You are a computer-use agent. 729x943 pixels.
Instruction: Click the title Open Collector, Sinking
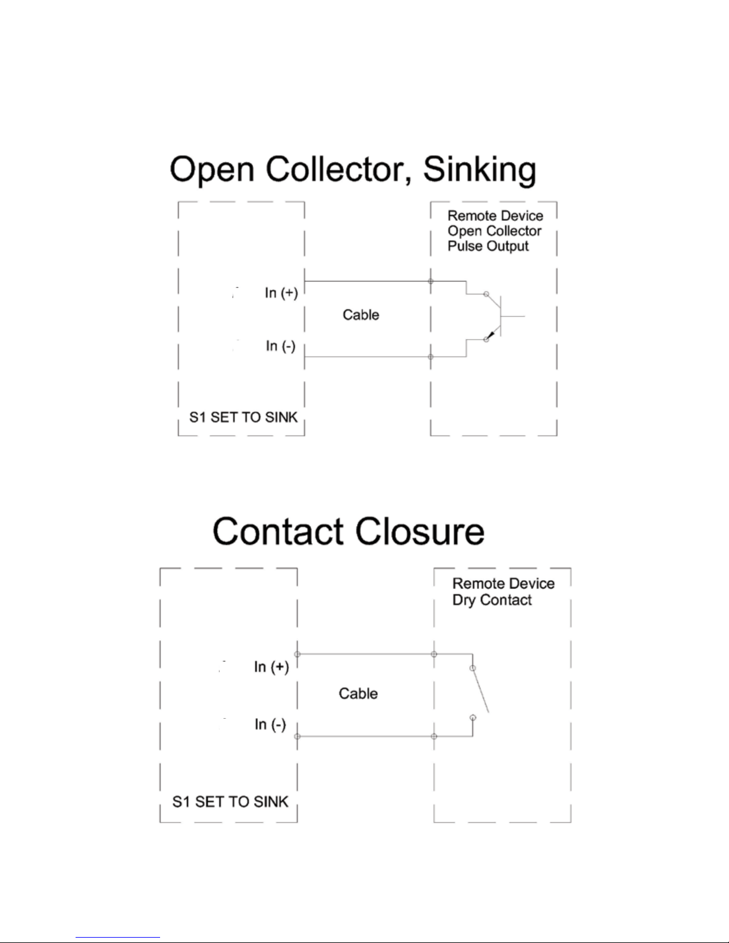[353, 170]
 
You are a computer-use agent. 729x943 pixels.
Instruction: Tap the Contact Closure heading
[349, 531]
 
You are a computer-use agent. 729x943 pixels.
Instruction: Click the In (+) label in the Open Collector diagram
[281, 293]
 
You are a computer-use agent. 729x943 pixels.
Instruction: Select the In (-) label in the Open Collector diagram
[281, 346]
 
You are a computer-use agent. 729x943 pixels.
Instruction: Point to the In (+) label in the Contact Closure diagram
[271, 666]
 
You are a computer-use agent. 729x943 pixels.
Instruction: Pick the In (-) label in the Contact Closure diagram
[270, 724]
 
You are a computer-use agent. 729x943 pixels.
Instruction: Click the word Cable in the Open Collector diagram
[361, 315]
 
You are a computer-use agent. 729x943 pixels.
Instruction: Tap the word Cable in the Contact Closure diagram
[358, 694]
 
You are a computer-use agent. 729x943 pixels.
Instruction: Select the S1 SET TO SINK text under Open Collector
[243, 417]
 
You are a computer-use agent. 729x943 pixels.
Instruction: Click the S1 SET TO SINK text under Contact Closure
[230, 801]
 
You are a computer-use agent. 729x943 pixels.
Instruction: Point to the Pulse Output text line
[488, 246]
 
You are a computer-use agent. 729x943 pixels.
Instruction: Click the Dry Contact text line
[492, 600]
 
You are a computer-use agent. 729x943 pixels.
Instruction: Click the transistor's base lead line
[513, 316]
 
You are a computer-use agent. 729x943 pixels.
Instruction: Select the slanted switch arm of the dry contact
[481, 690]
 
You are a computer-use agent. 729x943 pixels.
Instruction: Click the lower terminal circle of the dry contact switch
[473, 718]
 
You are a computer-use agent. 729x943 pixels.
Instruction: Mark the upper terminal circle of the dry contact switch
[473, 668]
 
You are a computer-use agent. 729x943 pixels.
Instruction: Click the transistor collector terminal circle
[486, 294]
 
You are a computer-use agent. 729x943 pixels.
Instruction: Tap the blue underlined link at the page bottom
[118, 938]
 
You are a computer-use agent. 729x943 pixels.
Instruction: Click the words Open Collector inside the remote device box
[495, 231]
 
